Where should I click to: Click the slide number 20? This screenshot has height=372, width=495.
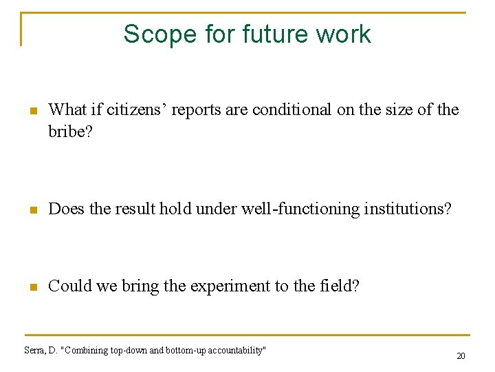461,356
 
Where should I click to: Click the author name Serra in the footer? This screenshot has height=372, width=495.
34,350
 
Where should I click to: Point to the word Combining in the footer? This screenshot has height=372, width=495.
87,350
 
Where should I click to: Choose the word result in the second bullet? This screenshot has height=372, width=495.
135,207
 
